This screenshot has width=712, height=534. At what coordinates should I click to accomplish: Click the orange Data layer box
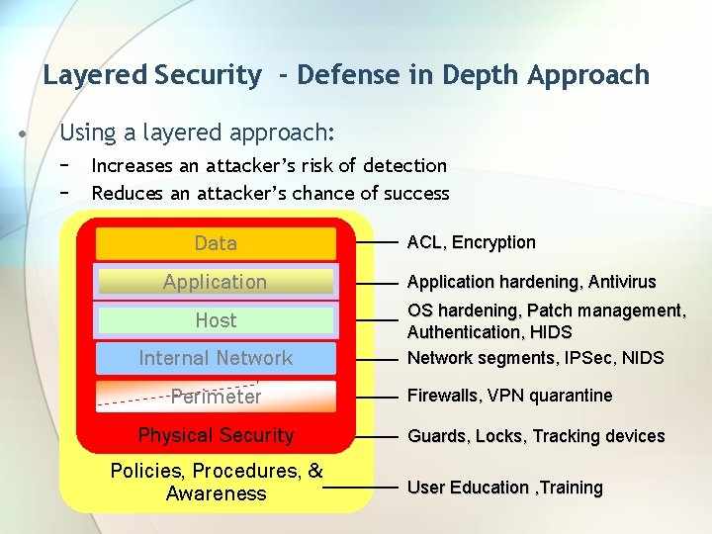[x=216, y=243]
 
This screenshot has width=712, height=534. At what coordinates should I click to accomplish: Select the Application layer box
[x=216, y=282]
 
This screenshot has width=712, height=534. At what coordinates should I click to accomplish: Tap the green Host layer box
[x=216, y=320]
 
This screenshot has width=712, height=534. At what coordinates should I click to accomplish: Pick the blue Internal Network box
[x=216, y=358]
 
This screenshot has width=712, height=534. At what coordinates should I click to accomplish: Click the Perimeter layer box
[x=216, y=397]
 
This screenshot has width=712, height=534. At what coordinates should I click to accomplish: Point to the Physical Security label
[x=216, y=435]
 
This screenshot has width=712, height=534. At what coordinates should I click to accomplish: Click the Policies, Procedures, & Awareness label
[x=217, y=482]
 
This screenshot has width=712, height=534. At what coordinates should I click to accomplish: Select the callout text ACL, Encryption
[x=472, y=242]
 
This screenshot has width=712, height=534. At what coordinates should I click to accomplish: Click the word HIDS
[x=551, y=332]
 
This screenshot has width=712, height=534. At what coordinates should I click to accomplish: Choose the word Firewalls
[x=443, y=396]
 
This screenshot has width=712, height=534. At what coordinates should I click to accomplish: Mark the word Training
[x=571, y=488]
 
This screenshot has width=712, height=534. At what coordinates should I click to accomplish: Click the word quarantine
[x=569, y=396]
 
